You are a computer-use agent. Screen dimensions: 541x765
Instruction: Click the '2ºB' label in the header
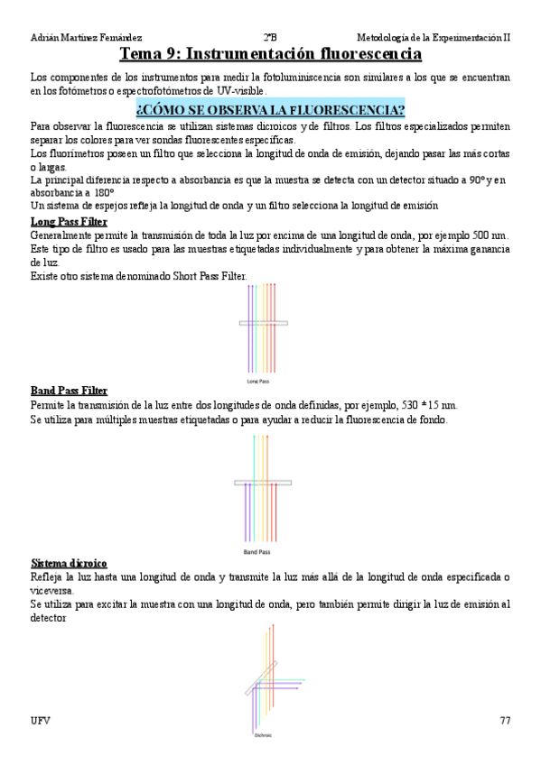tap(270, 37)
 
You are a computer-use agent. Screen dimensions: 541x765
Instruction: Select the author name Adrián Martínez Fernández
tap(86, 37)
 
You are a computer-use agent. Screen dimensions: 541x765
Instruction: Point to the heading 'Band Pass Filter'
tap(70, 391)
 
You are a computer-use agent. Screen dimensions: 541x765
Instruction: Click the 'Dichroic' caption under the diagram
tap(263, 734)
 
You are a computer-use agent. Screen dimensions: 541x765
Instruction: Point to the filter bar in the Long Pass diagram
tap(264, 322)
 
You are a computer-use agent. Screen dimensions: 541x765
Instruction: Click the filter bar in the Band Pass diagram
tap(263, 484)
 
